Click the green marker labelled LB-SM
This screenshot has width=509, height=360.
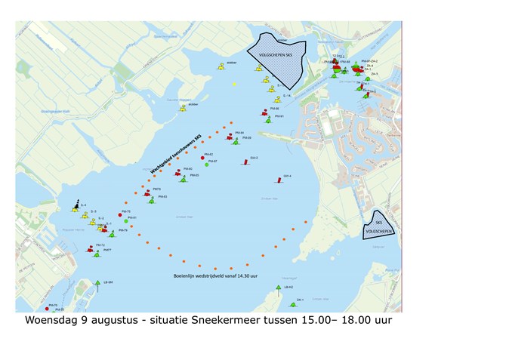tap(97, 284)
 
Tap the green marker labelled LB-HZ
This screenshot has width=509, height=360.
tap(279, 288)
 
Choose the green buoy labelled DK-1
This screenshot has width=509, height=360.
tap(292, 304)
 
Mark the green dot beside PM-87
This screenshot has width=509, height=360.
tap(206, 165)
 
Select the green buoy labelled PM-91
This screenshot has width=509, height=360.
tap(269, 119)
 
